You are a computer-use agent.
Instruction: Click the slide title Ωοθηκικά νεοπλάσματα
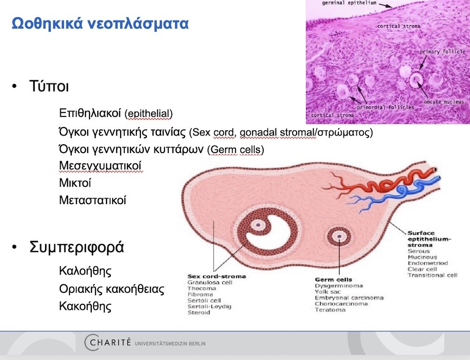[100, 23]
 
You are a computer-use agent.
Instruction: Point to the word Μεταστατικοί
[93, 200]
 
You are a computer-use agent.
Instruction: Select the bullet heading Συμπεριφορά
[76, 247]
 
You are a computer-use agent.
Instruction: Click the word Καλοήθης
[85, 270]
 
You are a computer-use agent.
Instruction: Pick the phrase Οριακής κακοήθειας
[112, 289]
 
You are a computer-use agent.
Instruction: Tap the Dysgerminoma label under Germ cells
[339, 286]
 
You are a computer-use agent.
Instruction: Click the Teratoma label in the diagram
[330, 310]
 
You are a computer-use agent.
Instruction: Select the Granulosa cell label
[210, 282]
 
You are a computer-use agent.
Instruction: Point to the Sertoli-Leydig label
[209, 306]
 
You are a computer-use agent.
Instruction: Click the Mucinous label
[422, 257]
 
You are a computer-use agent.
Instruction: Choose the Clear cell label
[422, 269]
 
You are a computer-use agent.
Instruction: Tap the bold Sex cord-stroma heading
[216, 276]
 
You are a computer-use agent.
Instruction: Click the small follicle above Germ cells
[340, 237]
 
